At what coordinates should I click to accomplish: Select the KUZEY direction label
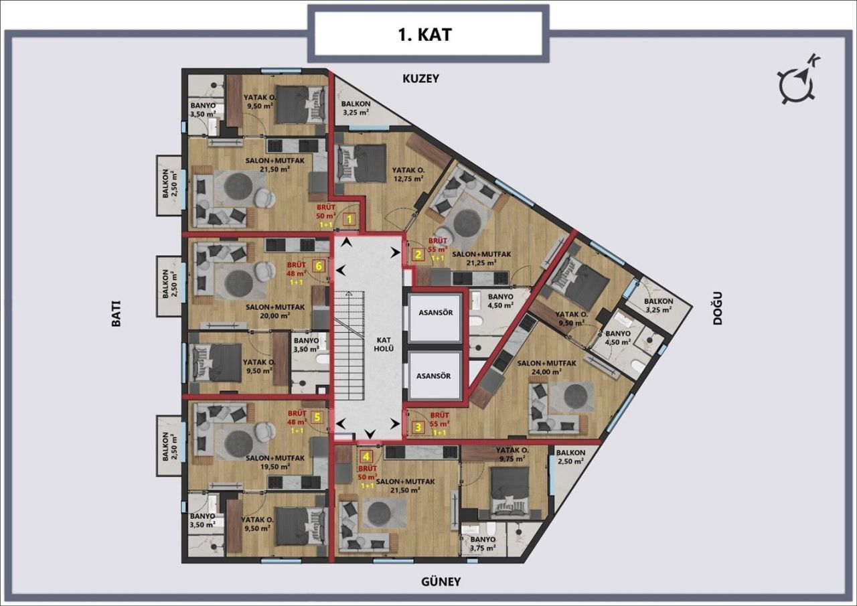pos(420,78)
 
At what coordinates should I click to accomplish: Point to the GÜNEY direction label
pos(440,581)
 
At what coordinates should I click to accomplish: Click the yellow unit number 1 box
pos(349,218)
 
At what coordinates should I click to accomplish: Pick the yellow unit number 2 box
pos(418,254)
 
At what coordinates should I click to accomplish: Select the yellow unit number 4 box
pos(366,457)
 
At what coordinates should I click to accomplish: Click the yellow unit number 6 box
pos(319,266)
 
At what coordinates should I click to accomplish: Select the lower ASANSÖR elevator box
pos(434,376)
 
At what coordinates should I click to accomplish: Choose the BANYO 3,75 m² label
pos(483,544)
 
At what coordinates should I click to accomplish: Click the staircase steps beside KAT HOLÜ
pos(348,348)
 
